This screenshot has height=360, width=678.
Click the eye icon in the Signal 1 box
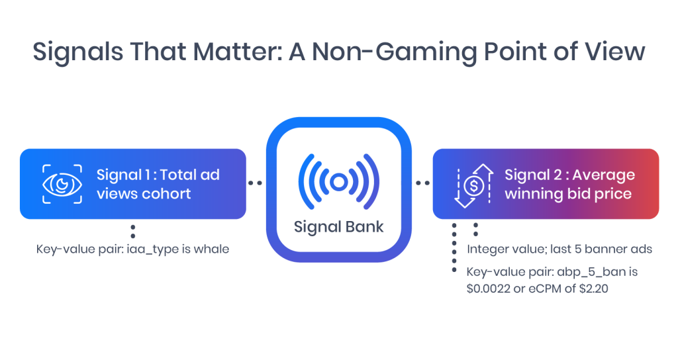tap(62, 184)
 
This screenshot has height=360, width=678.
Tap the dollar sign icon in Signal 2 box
tap(474, 186)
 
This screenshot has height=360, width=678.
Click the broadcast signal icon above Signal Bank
tap(338, 182)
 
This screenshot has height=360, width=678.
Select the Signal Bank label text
tap(338, 227)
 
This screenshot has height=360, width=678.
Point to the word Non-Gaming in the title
tap(395, 52)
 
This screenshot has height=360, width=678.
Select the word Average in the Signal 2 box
tap(604, 175)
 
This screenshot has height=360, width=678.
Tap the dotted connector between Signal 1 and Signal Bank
tap(255, 183)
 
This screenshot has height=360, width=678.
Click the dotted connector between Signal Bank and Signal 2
tap(422, 183)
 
